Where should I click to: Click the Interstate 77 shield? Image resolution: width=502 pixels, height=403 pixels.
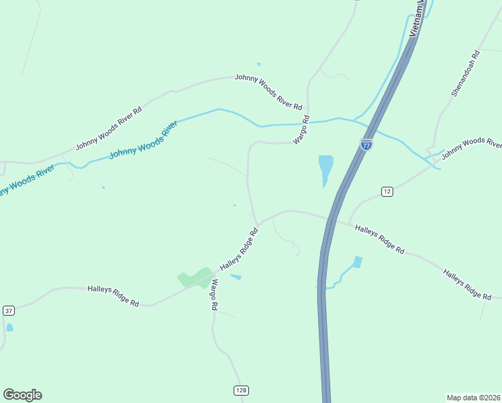click(366, 144)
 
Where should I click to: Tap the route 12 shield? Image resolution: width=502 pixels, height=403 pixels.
click(387, 191)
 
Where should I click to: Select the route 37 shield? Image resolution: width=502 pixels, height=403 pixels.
click(8, 310)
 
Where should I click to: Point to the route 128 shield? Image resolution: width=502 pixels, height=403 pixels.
click(240, 390)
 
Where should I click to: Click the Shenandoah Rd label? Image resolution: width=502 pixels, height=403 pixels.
click(464, 73)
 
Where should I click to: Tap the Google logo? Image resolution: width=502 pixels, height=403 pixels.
click(22, 395)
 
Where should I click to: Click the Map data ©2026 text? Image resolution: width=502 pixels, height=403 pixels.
click(474, 397)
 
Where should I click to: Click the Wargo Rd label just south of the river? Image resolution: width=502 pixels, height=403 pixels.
click(301, 130)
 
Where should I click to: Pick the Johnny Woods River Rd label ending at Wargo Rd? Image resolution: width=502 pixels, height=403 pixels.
click(268, 91)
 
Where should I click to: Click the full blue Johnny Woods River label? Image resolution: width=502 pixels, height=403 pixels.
click(143, 140)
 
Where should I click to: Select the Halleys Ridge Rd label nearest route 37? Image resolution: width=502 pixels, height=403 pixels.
click(113, 296)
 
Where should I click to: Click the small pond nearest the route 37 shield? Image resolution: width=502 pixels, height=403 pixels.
click(9, 328)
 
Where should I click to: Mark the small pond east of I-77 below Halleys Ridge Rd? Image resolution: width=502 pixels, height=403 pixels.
click(357, 261)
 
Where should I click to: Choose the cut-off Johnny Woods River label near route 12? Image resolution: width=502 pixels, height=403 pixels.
click(471, 144)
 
